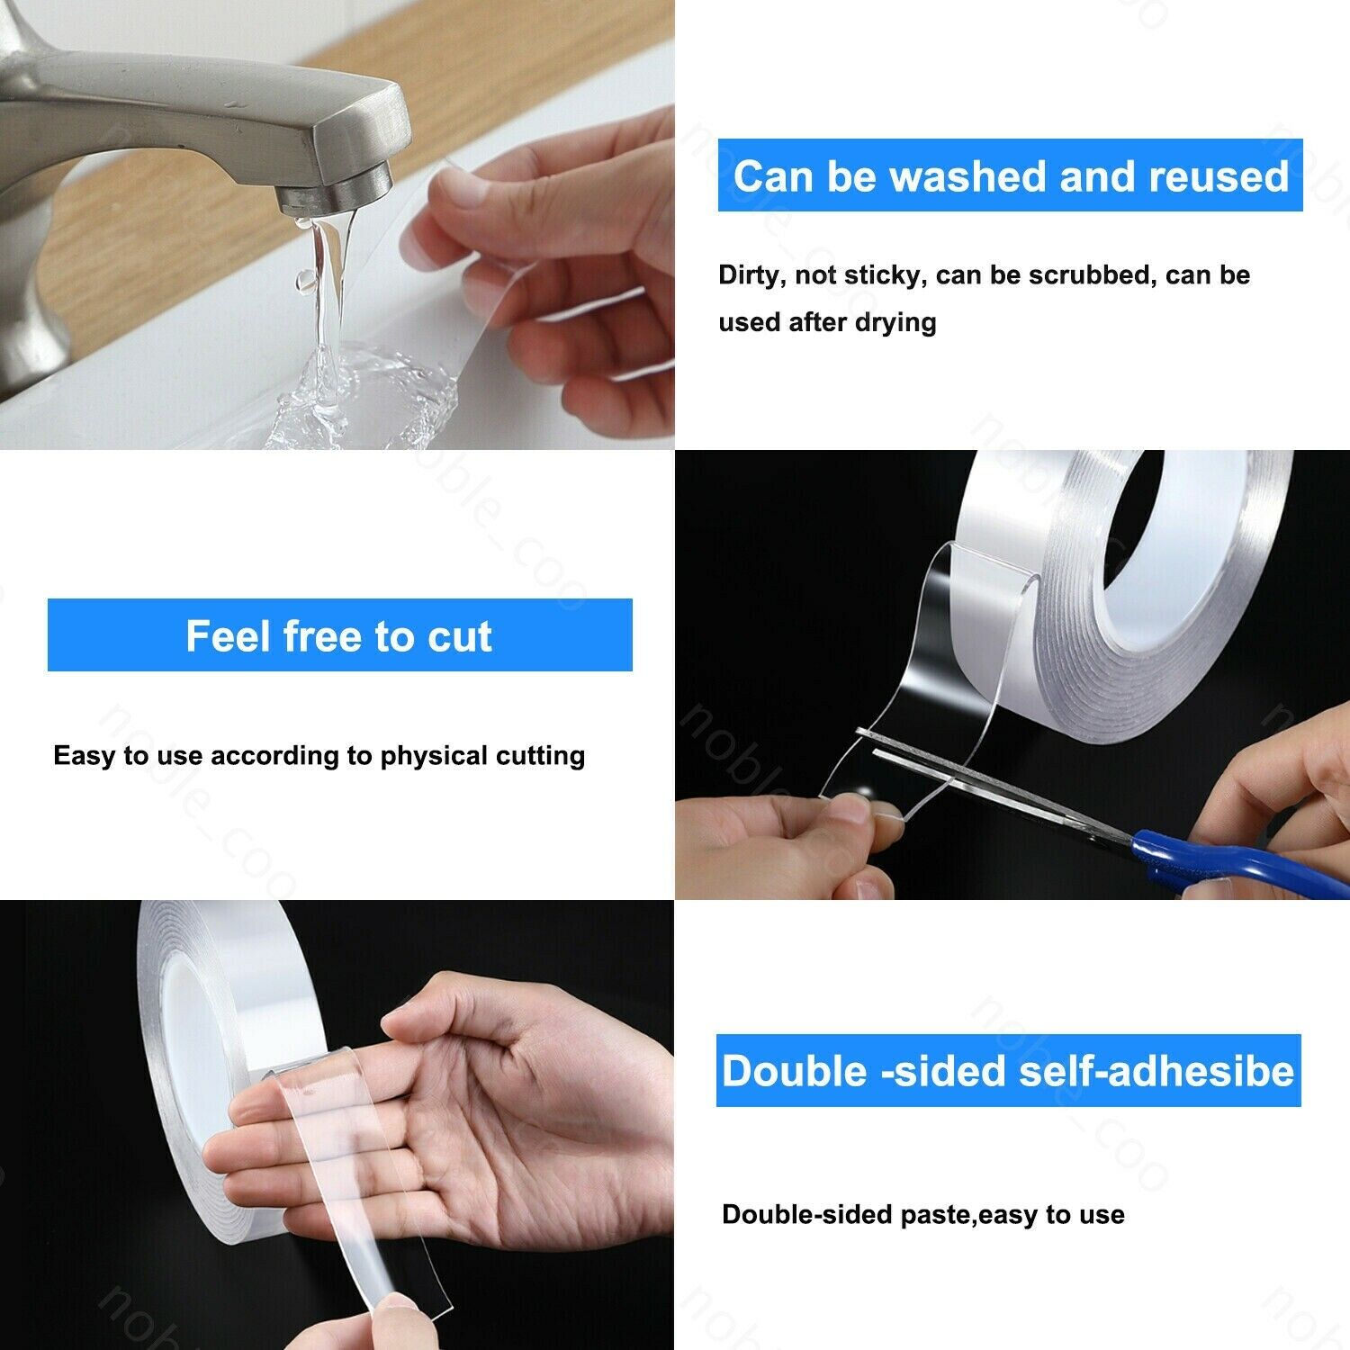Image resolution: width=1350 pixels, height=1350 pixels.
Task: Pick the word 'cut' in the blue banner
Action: (x=460, y=637)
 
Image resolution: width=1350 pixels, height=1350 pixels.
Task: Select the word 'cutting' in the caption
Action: (x=542, y=755)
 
